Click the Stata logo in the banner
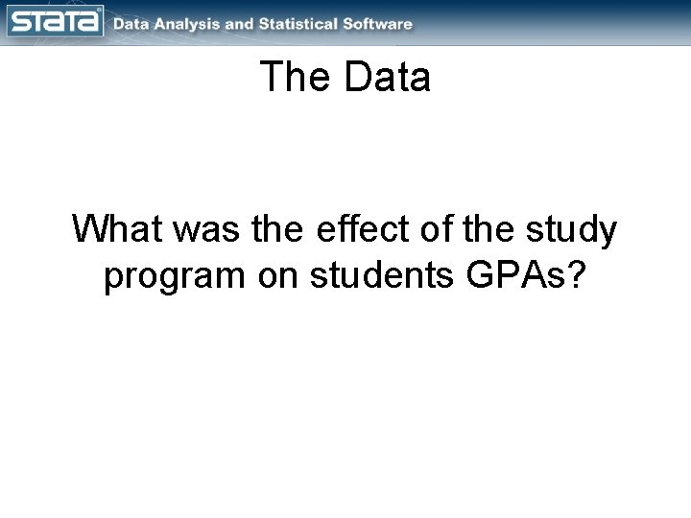click(x=54, y=22)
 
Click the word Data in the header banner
click(x=131, y=24)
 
